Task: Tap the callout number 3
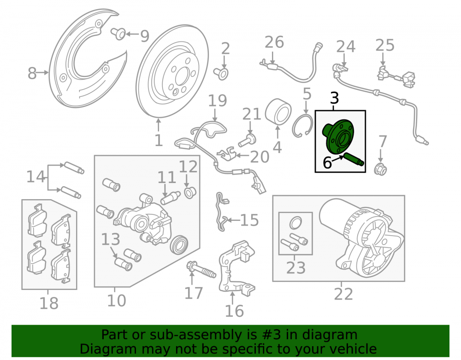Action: click(334, 98)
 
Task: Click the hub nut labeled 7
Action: click(380, 169)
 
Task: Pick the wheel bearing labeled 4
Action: click(278, 112)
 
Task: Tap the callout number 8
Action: click(32, 73)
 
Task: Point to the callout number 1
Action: click(159, 141)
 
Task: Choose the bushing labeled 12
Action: click(190, 192)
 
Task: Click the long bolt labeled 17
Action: click(201, 270)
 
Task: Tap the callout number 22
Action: click(343, 294)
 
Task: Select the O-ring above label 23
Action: click(296, 223)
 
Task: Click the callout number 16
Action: click(234, 311)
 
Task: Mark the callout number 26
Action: click(274, 42)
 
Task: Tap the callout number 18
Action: click(49, 303)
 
